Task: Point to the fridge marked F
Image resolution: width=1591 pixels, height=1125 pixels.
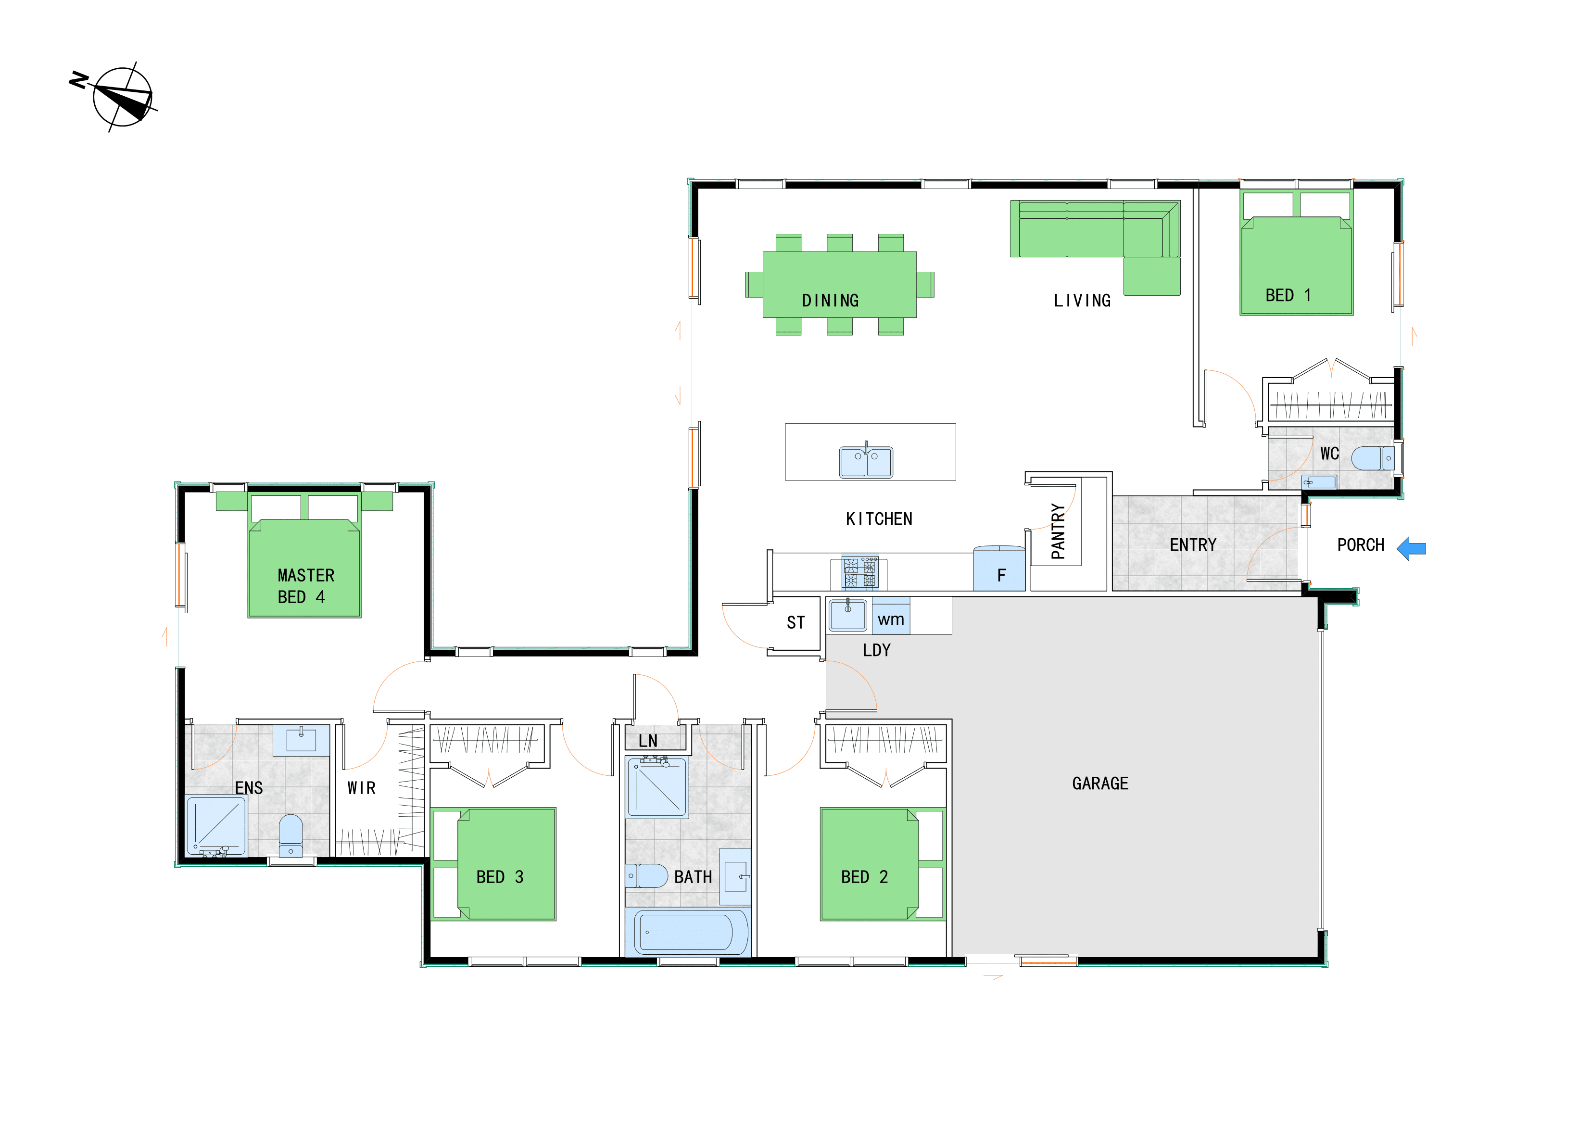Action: (x=999, y=569)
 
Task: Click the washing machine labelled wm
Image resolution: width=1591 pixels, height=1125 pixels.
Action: (x=890, y=616)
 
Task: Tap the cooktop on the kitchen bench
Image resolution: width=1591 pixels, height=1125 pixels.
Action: (x=859, y=572)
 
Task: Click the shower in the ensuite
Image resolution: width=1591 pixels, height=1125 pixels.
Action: (x=217, y=827)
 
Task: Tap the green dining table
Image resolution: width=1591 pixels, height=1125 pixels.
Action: (x=839, y=284)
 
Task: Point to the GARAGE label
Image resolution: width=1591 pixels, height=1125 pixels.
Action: (x=1099, y=784)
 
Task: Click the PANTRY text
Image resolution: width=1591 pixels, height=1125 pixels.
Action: (x=1058, y=531)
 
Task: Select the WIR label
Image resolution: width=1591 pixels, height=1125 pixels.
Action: (x=361, y=788)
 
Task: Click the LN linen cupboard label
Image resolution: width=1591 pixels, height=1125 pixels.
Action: (x=648, y=741)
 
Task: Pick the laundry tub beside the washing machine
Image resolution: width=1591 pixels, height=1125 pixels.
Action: (x=847, y=614)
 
